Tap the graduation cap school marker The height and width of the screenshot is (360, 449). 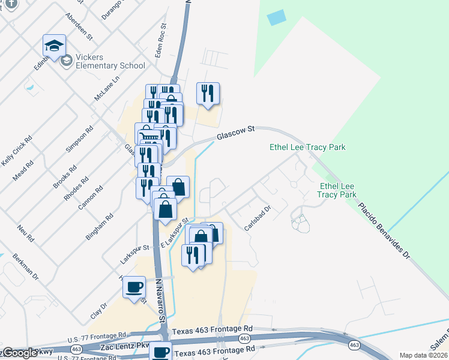coord(54,46)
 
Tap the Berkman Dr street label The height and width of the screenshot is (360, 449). coord(28,268)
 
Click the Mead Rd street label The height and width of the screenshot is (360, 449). coord(22,172)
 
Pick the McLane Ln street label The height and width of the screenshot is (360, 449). coord(107,88)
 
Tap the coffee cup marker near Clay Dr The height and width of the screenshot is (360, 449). coord(134,286)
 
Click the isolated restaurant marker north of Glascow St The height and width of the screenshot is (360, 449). coord(208,94)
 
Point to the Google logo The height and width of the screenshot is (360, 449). coord(20,353)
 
